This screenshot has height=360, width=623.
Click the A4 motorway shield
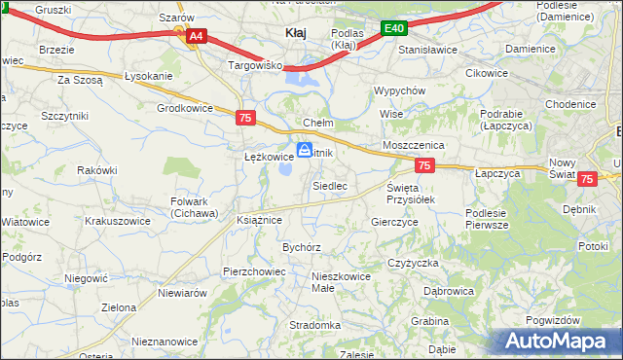[x=196, y=37]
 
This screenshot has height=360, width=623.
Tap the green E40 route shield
[x=393, y=29]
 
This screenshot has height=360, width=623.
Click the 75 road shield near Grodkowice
[x=246, y=118]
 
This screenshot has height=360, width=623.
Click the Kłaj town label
[x=295, y=32]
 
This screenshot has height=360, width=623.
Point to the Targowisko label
[x=254, y=65]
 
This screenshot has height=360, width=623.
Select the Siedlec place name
[x=330, y=185]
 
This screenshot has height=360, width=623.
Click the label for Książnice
[x=259, y=221]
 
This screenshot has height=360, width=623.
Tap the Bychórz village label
[x=302, y=248]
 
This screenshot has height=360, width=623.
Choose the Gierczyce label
[x=394, y=222]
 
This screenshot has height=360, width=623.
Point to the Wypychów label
[x=400, y=90]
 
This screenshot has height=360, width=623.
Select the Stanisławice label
[x=428, y=47]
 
